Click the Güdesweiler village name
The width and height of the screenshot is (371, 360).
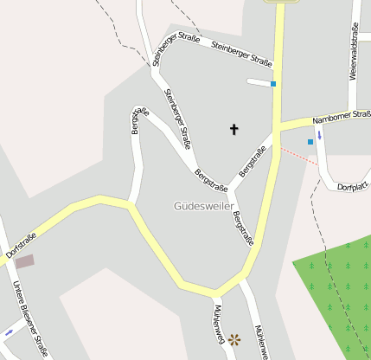tap(202, 206)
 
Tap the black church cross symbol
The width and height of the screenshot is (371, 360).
tap(233, 130)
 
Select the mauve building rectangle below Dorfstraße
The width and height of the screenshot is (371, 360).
tap(25, 260)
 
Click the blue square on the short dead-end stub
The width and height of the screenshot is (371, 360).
tap(273, 84)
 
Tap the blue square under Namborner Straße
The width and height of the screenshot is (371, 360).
tap(310, 142)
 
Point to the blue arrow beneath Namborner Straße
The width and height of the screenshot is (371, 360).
tap(319, 135)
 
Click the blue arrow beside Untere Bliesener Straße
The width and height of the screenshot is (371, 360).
tap(10, 331)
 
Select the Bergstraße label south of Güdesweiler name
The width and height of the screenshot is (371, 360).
tap(242, 227)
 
